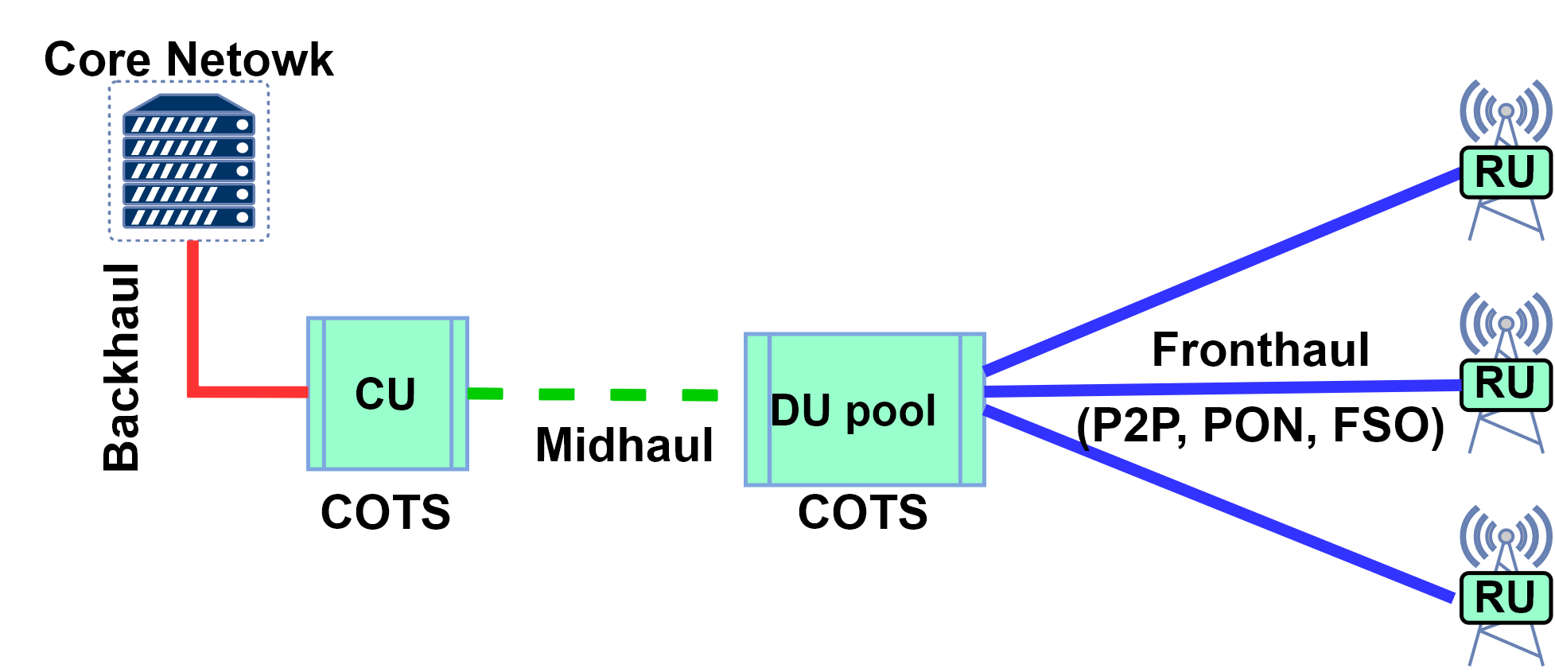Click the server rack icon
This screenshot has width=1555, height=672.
(x=189, y=161)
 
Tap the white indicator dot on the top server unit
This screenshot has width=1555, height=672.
(x=243, y=124)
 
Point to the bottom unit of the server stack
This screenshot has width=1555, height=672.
(x=189, y=217)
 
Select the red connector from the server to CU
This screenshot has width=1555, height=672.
(x=193, y=334)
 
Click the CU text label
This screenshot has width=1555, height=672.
(x=386, y=394)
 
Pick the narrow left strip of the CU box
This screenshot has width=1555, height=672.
(x=316, y=394)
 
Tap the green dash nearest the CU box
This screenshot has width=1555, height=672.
(x=485, y=393)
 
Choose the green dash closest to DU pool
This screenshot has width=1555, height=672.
(x=700, y=394)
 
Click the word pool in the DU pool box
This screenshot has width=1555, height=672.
(x=891, y=412)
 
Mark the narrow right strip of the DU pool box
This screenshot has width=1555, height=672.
(x=972, y=410)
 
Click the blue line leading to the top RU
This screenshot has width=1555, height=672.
(x=1225, y=270)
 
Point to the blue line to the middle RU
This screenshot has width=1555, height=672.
(x=1225, y=388)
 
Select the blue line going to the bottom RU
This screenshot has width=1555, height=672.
(x=1225, y=506)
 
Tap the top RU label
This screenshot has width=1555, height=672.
(x=1505, y=172)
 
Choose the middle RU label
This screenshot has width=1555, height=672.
(x=1505, y=383)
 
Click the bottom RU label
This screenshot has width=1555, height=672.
(x=1505, y=597)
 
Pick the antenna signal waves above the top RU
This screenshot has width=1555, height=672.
(x=1506, y=111)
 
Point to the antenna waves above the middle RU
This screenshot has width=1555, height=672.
(x=1506, y=324)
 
